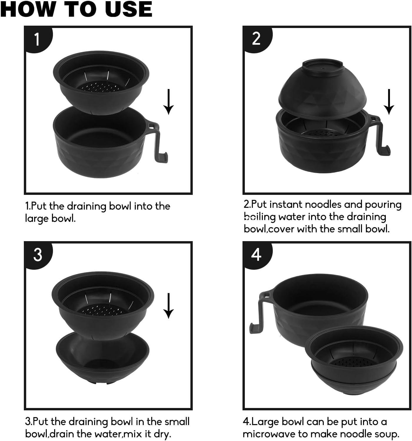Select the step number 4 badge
tap(257, 255)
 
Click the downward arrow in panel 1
tap(169, 102)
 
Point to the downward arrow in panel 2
tap(389, 102)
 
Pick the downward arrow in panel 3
tap(169, 306)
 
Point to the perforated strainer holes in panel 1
tap(100, 87)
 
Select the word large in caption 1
tap(37, 219)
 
